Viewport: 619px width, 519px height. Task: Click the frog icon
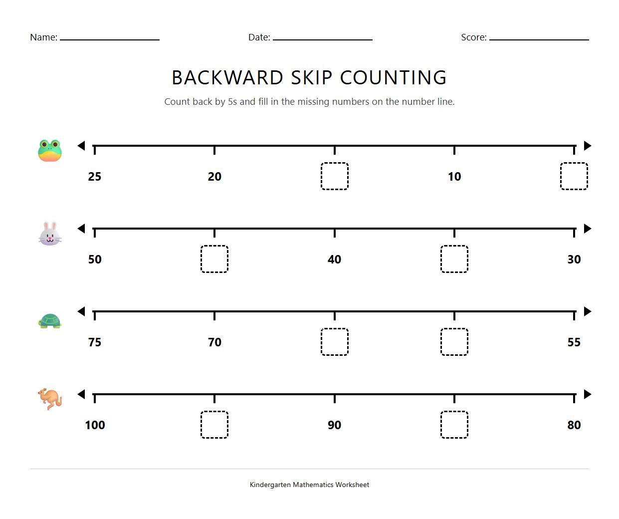click(50, 151)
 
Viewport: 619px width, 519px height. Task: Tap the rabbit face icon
click(50, 234)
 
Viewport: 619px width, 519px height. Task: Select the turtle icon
click(50, 321)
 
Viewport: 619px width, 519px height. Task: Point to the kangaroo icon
click(50, 399)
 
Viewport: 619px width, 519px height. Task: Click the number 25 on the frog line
click(95, 177)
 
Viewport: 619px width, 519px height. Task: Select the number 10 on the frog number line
click(454, 177)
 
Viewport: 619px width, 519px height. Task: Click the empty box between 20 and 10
click(334, 176)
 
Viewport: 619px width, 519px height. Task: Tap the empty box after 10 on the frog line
click(574, 176)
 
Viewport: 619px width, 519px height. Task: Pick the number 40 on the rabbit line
click(334, 259)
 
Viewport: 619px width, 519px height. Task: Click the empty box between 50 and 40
click(214, 259)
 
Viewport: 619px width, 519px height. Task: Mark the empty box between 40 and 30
click(454, 259)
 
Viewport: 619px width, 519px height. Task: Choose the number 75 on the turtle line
click(95, 342)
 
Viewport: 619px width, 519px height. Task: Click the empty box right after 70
click(334, 342)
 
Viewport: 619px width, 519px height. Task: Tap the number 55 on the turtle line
click(574, 342)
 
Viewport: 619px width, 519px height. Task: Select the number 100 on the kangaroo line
click(95, 425)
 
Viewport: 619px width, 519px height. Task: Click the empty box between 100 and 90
click(214, 425)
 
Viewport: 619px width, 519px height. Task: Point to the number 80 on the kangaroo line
click(574, 425)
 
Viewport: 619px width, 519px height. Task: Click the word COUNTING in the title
click(393, 78)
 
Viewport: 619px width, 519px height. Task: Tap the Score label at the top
click(473, 37)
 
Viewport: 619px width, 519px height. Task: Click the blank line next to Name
click(110, 38)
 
